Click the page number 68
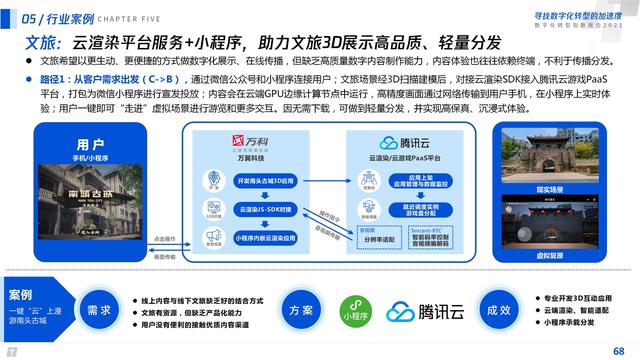point(618,347)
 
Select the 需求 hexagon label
point(98,310)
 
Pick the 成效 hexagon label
point(497,310)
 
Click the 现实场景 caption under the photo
point(579,188)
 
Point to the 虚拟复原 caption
point(579,255)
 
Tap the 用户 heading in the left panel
point(91,144)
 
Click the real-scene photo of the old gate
point(579,153)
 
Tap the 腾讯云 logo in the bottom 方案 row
point(420,311)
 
